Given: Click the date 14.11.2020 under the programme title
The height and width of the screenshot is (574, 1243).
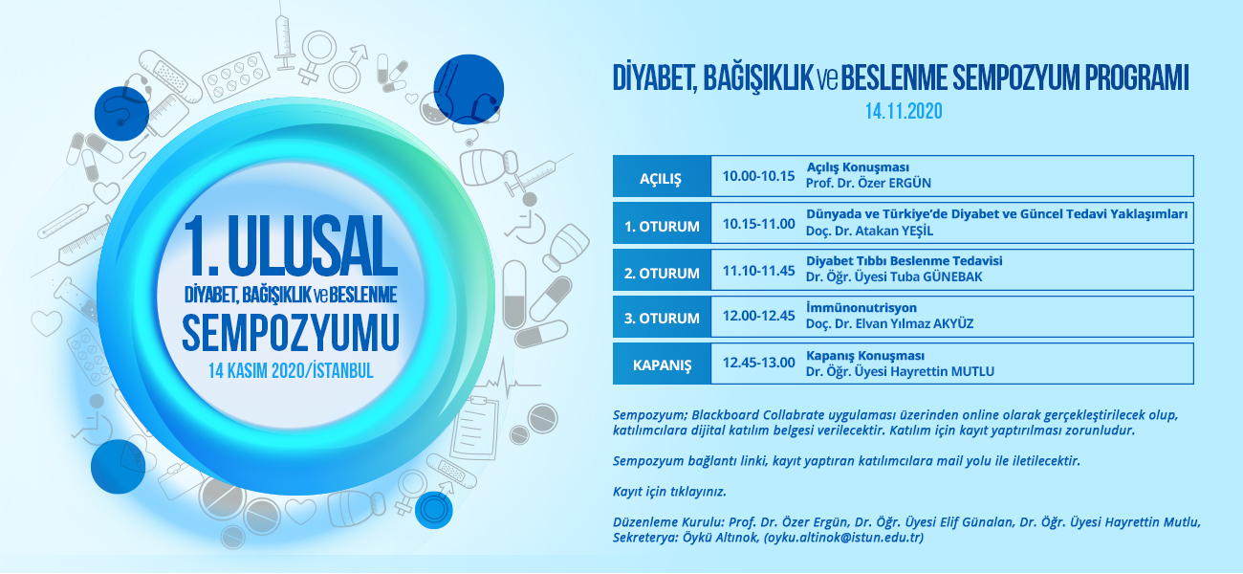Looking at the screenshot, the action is [x=904, y=111].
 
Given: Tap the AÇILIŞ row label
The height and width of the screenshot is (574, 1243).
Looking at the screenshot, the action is [x=661, y=179].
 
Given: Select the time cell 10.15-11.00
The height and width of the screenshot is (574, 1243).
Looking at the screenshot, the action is [x=758, y=224].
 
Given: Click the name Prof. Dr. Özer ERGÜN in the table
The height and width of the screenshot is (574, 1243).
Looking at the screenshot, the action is [x=868, y=183].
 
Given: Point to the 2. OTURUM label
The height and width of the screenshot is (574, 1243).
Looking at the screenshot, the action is [x=662, y=273].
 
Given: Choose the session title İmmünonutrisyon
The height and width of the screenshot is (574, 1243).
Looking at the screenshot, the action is [x=861, y=307].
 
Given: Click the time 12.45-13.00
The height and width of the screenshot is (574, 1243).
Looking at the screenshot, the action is [x=758, y=363].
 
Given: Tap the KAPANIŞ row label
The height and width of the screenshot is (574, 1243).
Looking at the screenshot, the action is [x=662, y=365].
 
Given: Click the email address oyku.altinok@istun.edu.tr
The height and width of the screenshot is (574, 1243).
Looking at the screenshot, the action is [x=844, y=538].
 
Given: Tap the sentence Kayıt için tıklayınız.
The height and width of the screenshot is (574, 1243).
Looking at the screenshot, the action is [x=669, y=492].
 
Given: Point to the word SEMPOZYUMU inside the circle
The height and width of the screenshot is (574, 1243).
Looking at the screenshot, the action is [x=291, y=333].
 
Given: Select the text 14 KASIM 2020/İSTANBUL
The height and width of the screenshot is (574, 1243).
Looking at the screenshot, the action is [x=291, y=370].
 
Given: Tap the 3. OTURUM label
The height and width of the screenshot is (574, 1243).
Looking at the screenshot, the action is [x=662, y=318].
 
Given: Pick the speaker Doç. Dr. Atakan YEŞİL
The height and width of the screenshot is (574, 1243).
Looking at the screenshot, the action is [x=869, y=231].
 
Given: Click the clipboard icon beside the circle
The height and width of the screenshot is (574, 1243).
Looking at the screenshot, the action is [x=474, y=428].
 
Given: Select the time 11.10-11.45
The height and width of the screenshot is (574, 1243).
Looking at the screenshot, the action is [x=758, y=271].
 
